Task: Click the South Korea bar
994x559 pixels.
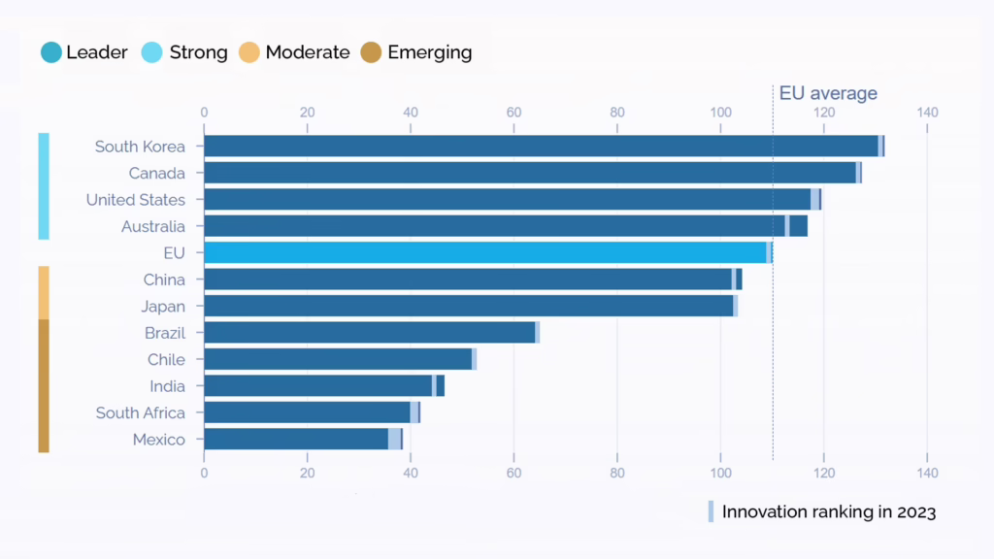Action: tap(542, 147)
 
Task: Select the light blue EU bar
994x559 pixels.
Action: tap(485, 253)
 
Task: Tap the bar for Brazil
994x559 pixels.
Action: tap(370, 333)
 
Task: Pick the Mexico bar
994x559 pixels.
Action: tap(297, 440)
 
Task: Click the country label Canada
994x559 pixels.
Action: tap(156, 174)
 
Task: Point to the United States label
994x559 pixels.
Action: tap(135, 200)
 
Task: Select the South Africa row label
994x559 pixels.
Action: tap(140, 413)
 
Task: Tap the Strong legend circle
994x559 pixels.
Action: tap(153, 52)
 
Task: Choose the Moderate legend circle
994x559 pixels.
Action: tap(250, 52)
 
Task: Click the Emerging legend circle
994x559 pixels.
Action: tap(372, 52)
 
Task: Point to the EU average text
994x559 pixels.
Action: tap(828, 93)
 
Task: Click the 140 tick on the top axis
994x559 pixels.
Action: tap(927, 113)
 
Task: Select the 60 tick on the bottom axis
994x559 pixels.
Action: tap(514, 474)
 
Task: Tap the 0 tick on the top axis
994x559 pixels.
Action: tap(204, 113)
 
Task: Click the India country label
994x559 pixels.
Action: tap(167, 386)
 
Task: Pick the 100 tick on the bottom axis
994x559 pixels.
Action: tap(720, 474)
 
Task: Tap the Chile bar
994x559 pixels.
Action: tap(338, 360)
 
